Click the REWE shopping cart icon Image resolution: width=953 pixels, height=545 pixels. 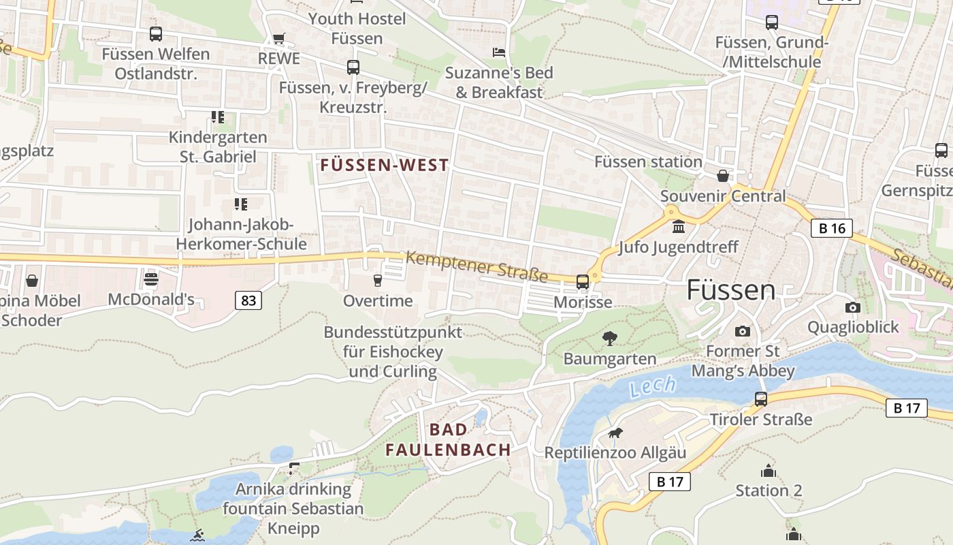[278, 38]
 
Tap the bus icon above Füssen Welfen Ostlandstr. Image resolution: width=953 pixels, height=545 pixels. [156, 33]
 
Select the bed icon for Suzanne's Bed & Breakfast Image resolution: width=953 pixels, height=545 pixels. [499, 52]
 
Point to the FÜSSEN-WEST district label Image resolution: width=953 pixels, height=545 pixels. [385, 165]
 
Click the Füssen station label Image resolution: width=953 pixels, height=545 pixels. [648, 162]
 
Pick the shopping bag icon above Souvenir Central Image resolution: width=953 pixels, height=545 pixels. [723, 176]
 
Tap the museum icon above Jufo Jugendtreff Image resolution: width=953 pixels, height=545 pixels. [678, 226]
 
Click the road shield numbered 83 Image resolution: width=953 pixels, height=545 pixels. [248, 300]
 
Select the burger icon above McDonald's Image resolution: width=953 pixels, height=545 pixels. [151, 279]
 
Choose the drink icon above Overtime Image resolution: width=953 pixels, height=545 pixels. [378, 280]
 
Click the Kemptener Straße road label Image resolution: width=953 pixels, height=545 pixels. [477, 266]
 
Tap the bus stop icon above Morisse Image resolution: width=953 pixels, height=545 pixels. [583, 281]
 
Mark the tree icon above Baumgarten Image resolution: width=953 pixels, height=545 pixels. [610, 338]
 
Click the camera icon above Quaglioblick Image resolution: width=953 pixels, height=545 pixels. [852, 307]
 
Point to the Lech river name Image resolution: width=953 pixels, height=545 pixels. [653, 386]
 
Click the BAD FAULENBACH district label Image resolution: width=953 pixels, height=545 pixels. [449, 439]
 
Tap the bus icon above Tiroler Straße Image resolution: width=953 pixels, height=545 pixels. [761, 399]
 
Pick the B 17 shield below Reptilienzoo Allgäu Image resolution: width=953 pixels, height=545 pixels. [670, 482]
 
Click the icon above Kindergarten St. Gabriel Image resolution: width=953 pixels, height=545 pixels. [218, 117]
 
